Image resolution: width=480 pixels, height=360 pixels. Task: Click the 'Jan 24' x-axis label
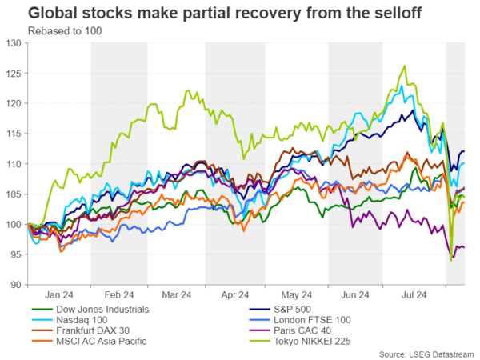tap(59, 294)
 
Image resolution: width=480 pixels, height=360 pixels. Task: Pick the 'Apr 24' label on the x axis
tap(233, 294)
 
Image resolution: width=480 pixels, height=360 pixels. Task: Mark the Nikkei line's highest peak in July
tap(406, 66)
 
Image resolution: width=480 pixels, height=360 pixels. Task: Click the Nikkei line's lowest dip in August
tap(451, 260)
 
